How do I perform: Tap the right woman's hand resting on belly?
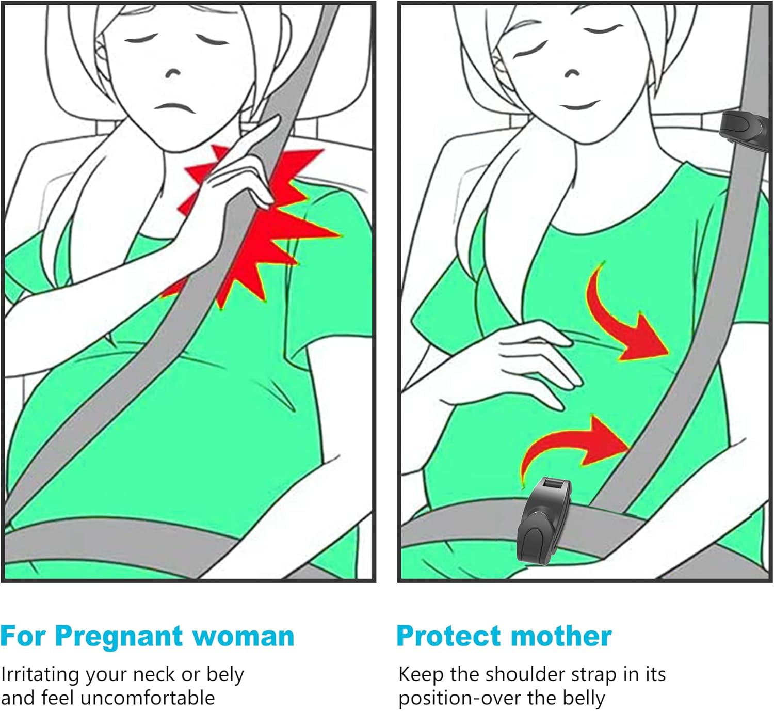[x=526, y=361]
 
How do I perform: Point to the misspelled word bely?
[x=225, y=674]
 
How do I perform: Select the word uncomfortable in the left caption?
[x=148, y=698]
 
